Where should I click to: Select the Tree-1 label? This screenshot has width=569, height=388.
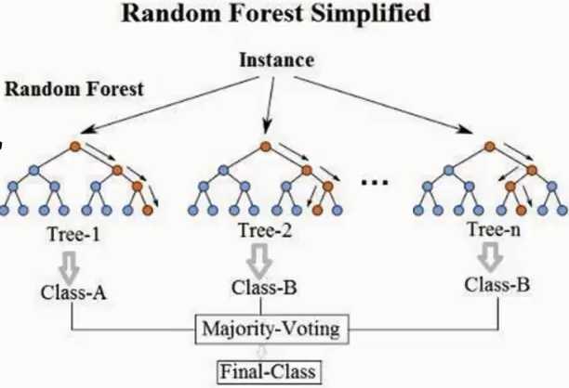[x=73, y=234]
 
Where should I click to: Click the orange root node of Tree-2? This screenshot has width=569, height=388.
[x=266, y=147]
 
